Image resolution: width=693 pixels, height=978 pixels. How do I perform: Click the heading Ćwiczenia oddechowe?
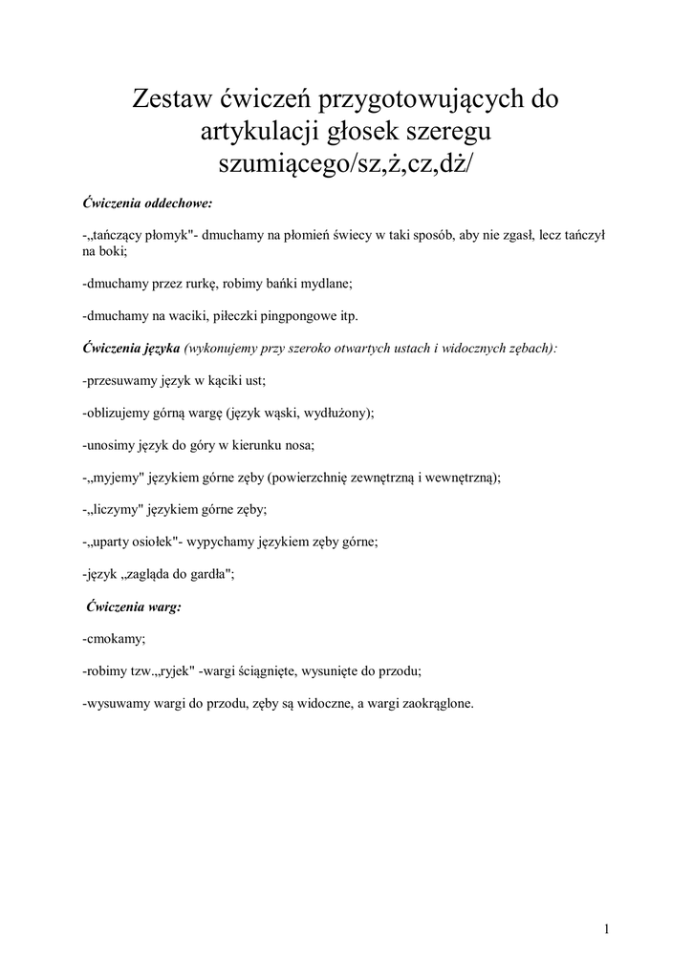click(147, 203)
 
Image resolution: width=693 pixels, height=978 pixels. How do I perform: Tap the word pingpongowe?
click(292, 316)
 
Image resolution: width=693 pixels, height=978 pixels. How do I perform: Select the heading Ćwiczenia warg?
click(133, 606)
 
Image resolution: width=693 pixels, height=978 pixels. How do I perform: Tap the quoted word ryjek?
click(174, 671)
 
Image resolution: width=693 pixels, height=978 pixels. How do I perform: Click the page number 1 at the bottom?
click(607, 928)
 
